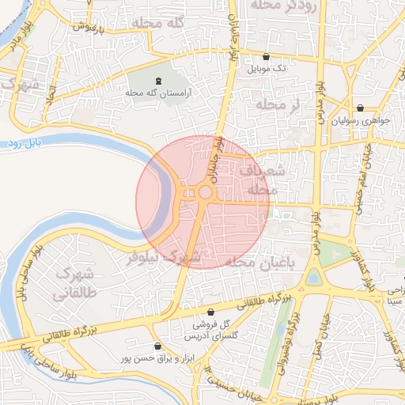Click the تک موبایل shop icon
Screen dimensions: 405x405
coord(265,57)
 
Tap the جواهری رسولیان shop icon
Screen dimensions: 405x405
coord(361,108)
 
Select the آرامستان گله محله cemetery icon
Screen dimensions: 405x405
coord(158,81)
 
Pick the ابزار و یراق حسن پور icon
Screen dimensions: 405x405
coord(157,346)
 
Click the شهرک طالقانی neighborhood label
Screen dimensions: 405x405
coord(76,283)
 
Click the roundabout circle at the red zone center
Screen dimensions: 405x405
coord(205,192)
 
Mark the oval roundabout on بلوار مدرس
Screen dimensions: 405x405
coord(315,278)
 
